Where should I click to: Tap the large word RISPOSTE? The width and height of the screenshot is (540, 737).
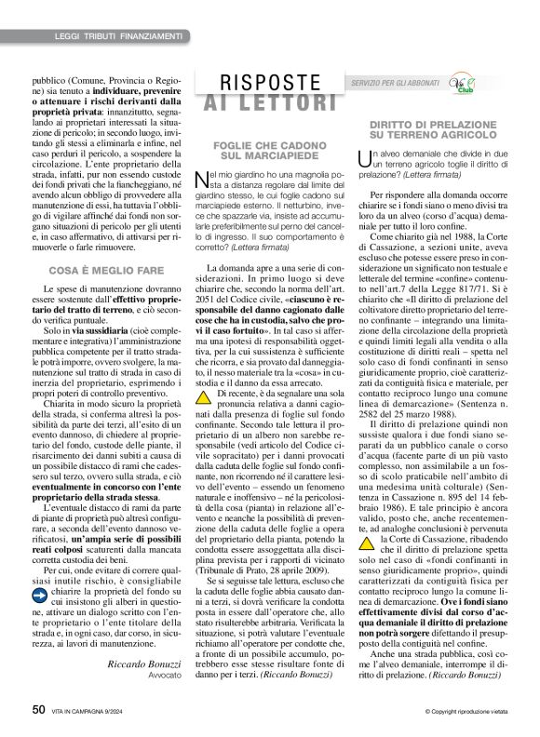pyautogui.click(x=264, y=82)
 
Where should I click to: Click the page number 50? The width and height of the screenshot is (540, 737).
pyautogui.click(x=38, y=708)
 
